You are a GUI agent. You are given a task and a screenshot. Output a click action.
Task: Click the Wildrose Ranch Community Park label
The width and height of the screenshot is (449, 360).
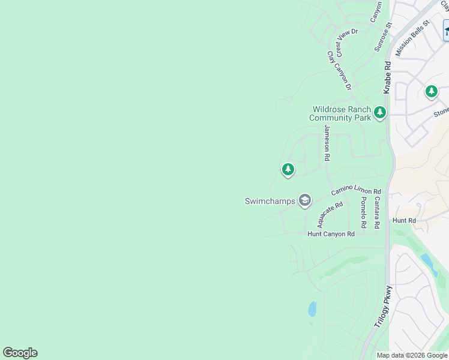click(x=342, y=113)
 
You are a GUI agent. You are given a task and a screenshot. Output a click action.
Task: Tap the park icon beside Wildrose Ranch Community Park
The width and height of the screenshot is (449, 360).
click(x=379, y=112)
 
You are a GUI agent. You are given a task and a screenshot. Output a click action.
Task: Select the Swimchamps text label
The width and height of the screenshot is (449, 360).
click(x=270, y=201)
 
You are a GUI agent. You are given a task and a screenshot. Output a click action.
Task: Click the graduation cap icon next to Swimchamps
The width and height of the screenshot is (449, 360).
click(x=305, y=200)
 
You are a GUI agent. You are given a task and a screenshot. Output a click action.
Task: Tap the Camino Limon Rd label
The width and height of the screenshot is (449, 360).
click(x=356, y=191)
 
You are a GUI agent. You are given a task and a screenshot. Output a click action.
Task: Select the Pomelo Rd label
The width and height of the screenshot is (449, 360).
click(x=363, y=212)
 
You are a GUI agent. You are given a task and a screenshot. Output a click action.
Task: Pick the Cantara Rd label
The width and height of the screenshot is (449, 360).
click(x=376, y=212)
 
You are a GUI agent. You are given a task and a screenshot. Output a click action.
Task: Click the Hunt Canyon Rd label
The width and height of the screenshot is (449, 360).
click(x=331, y=233)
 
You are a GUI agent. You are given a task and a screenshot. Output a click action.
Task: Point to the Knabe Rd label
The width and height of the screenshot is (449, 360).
click(x=387, y=77)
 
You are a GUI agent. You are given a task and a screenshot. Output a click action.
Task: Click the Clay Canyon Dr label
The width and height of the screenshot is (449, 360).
click(x=339, y=70)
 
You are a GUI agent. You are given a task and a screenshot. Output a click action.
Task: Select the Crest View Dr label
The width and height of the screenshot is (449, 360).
click(x=346, y=39)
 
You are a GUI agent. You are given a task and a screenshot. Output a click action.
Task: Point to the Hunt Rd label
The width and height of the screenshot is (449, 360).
click(x=404, y=221)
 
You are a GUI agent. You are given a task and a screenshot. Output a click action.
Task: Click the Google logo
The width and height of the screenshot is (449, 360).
click(x=20, y=353)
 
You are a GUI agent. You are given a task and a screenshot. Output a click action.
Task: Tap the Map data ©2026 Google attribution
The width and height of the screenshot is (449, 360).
click(x=412, y=355)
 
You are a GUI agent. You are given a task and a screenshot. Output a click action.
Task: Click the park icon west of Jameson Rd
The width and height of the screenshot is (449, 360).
click(x=288, y=170)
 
